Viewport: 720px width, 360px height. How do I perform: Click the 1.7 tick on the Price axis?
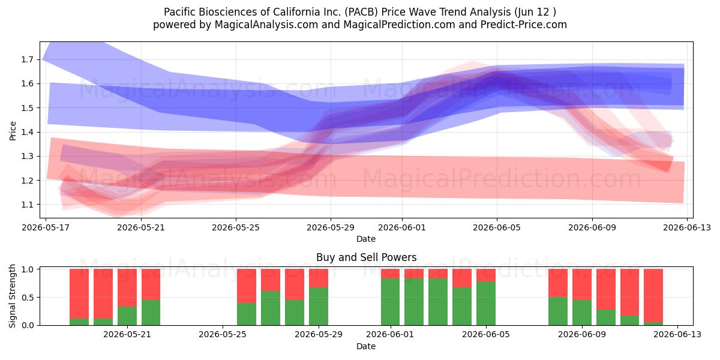click(x=28, y=59)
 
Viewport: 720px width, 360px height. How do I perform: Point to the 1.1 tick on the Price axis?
click(x=28, y=205)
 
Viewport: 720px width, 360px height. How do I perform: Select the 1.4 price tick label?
click(x=28, y=132)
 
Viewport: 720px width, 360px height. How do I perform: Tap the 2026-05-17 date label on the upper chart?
click(x=46, y=227)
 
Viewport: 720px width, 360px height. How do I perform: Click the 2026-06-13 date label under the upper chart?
click(x=687, y=227)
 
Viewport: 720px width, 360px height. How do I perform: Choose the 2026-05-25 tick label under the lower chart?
click(x=223, y=334)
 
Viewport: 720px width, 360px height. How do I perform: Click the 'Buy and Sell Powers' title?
click(x=367, y=257)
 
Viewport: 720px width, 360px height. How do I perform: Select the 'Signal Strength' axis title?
click(x=12, y=296)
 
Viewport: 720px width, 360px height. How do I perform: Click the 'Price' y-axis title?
click(x=13, y=131)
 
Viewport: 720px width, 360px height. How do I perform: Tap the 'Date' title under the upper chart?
click(x=366, y=239)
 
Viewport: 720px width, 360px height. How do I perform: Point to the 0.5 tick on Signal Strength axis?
click(x=28, y=298)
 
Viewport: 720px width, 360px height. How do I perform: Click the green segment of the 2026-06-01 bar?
click(x=390, y=302)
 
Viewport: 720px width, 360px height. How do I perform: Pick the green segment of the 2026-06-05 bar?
click(x=486, y=304)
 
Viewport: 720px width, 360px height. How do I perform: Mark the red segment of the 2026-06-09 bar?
click(x=582, y=284)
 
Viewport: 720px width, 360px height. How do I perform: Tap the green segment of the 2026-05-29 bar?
click(x=319, y=307)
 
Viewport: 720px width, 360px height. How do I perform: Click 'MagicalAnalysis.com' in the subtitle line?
click(x=266, y=25)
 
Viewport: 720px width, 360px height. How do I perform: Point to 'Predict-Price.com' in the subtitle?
click(x=524, y=25)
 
